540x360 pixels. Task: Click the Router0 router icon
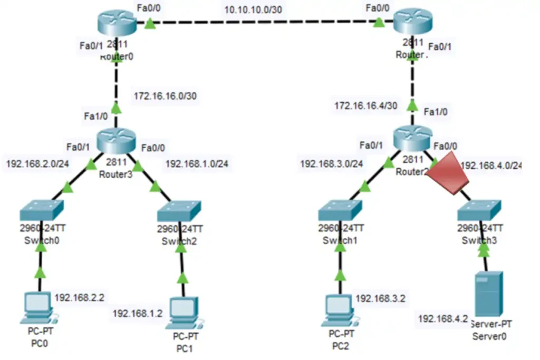click(117, 23)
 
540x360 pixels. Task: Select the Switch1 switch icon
click(340, 211)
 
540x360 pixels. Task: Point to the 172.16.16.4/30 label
click(365, 106)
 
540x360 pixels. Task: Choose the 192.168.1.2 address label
click(138, 313)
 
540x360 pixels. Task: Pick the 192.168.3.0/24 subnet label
click(332, 163)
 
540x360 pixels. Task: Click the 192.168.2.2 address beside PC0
click(80, 297)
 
